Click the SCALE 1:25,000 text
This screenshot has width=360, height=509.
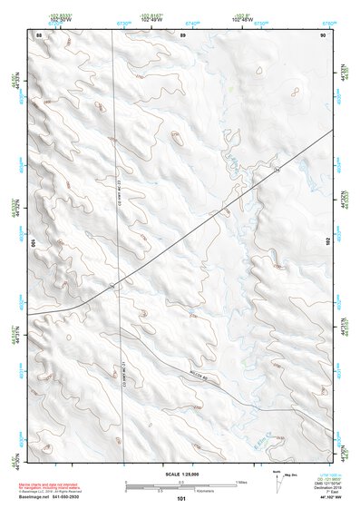point(181,475)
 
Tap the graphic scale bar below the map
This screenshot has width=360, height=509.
point(181,484)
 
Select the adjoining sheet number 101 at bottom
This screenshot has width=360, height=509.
point(181,499)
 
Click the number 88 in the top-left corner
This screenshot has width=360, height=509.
point(38,34)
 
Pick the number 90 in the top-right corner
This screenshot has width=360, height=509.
point(323,34)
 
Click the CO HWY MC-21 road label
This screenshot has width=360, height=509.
point(123,377)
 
